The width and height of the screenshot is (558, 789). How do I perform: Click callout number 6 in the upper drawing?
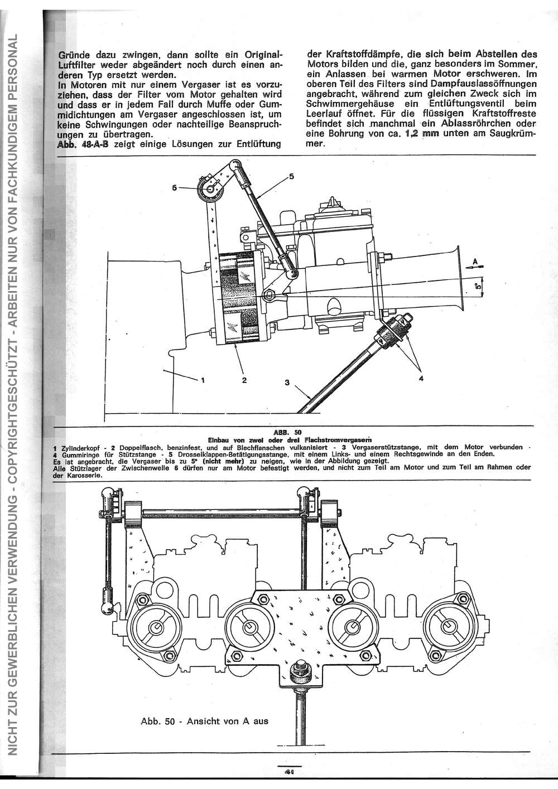click(174, 188)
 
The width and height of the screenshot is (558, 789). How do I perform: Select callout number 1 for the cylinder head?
click(203, 381)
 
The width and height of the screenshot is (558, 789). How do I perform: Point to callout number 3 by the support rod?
click(286, 383)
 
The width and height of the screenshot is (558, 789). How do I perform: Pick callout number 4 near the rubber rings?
click(421, 378)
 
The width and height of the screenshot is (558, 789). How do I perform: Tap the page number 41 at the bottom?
click(288, 772)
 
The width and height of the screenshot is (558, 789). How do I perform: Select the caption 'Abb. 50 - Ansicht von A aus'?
click(205, 721)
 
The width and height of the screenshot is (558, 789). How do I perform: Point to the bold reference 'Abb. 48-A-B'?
click(82, 144)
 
